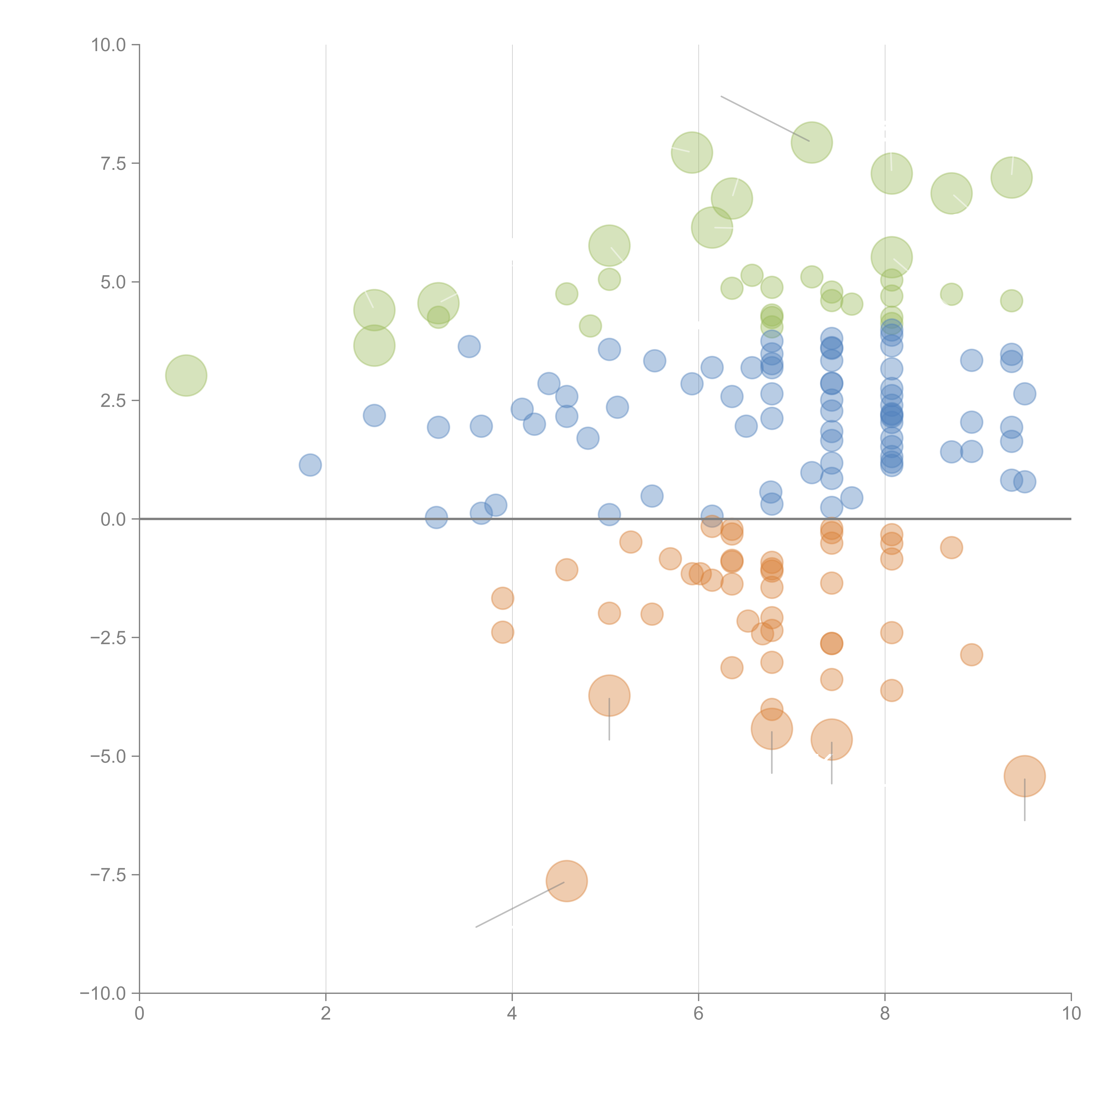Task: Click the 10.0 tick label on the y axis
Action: pyautogui.click(x=109, y=45)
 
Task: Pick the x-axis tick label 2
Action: pyautogui.click(x=326, y=1014)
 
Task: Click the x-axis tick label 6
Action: pyautogui.click(x=698, y=1014)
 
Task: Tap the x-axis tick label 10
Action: pyautogui.click(x=1071, y=1014)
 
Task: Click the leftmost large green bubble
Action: pyautogui.click(x=186, y=375)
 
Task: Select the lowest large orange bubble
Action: pyautogui.click(x=567, y=881)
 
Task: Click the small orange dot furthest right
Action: pyautogui.click(x=972, y=654)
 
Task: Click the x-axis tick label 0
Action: pyautogui.click(x=139, y=1014)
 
